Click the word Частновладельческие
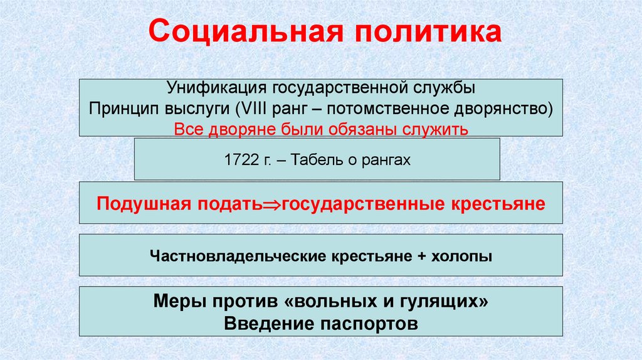pyautogui.click(x=236, y=256)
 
